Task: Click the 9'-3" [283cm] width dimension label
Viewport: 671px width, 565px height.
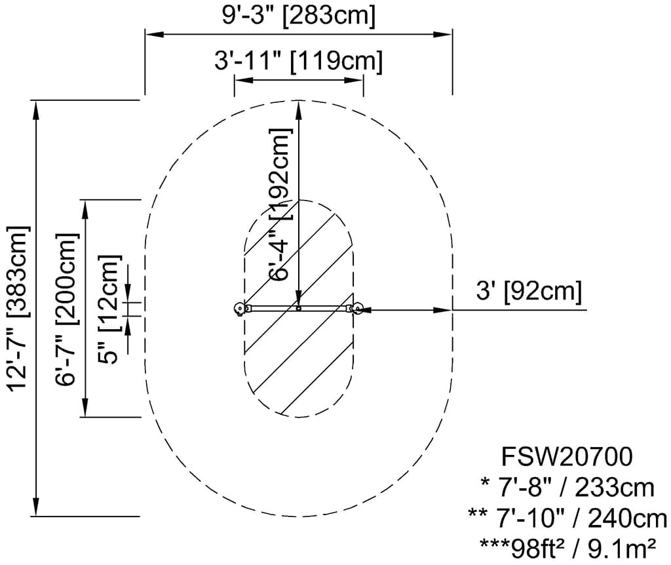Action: pos(298,16)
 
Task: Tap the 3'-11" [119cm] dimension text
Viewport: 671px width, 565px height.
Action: pos(298,60)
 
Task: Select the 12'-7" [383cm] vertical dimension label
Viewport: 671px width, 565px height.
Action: pos(18,308)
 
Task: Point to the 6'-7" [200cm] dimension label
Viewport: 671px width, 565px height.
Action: pos(67,309)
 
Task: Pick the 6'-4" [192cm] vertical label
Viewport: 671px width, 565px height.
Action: pos(280,205)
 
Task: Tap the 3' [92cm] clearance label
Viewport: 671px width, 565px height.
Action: pos(529,292)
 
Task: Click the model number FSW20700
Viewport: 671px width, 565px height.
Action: pos(567,456)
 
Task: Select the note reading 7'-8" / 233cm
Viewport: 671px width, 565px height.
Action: pos(567,488)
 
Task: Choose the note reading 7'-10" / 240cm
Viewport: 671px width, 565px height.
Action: pos(567,518)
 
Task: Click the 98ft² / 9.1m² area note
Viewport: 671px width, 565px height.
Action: pos(567,549)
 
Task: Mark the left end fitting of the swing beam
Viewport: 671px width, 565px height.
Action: pos(240,309)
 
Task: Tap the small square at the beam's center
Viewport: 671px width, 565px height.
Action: pos(299,308)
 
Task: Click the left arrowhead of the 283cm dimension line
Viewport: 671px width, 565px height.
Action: pos(155,34)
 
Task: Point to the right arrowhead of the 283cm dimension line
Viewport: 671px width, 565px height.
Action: pos(443,34)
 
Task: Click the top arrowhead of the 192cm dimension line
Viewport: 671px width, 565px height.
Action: pos(299,109)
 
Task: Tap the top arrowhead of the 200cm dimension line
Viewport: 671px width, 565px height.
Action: pos(85,209)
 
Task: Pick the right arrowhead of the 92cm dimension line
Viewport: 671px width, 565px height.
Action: pos(443,309)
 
